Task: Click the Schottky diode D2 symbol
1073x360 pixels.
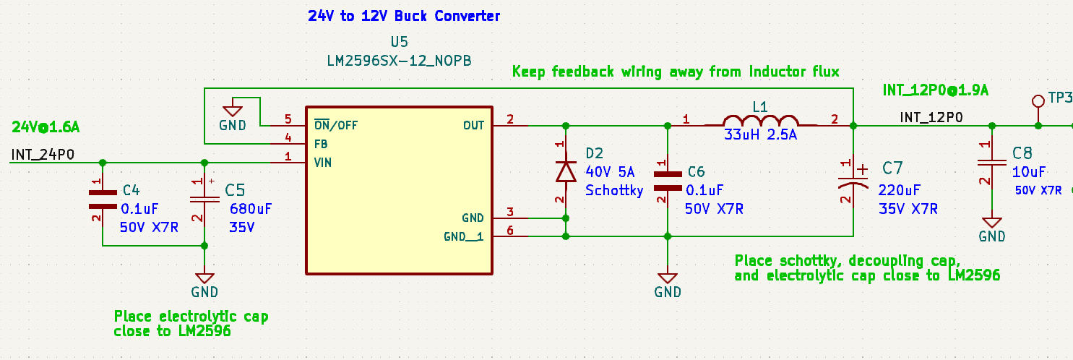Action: (565, 171)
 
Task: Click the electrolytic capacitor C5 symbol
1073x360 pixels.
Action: (204, 198)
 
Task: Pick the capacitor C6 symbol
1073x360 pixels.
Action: (667, 180)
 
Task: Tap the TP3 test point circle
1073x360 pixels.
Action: (1038, 100)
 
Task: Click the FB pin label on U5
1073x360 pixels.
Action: (322, 144)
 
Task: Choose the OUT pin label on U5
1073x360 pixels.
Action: (473, 126)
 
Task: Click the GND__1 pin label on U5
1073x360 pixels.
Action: (463, 236)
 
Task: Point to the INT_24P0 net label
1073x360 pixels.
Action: (43, 154)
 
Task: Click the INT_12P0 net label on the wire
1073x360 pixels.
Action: (931, 116)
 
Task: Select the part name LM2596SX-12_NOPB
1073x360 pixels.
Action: (399, 61)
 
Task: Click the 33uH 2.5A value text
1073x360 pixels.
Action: (761, 135)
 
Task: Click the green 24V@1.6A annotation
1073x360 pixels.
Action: (46, 127)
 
